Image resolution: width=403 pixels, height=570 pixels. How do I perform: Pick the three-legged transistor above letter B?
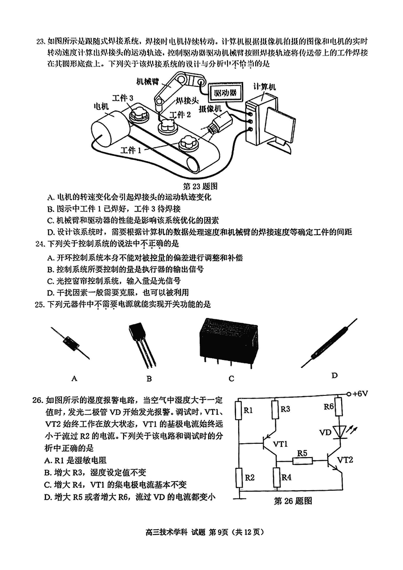click(142, 343)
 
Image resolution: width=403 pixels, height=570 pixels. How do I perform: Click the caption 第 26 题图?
click(293, 501)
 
